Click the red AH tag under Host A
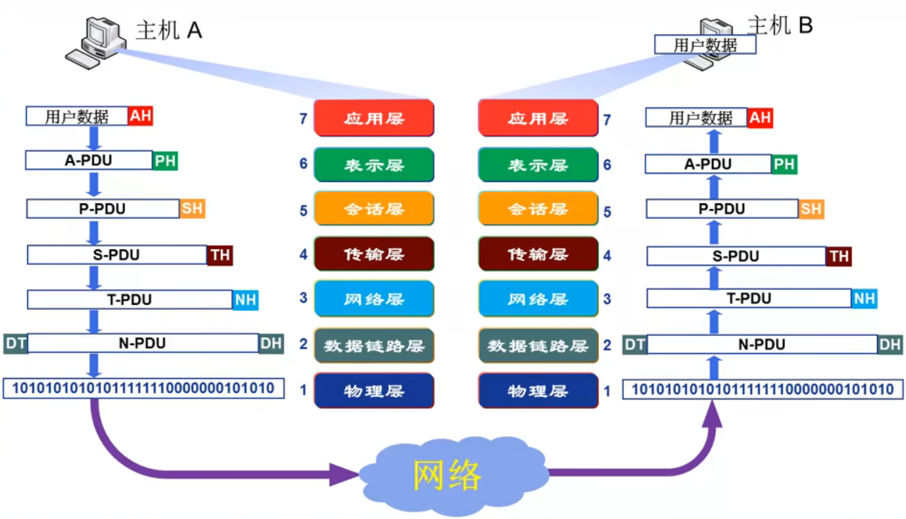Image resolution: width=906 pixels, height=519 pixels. tap(140, 116)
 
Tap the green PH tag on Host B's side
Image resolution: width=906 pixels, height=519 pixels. tap(784, 164)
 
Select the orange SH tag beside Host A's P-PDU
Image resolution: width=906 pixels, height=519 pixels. tap(192, 209)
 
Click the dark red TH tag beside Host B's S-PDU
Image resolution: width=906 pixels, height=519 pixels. tap(838, 256)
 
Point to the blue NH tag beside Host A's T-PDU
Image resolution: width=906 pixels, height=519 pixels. tap(246, 300)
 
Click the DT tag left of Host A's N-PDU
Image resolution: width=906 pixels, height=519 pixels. tap(16, 344)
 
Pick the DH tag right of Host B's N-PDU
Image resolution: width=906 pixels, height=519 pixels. tap(890, 344)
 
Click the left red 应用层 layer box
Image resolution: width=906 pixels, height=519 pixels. tap(374, 118)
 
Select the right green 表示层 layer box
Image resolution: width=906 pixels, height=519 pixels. tap(538, 165)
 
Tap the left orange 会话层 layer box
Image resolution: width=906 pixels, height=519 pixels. tap(374, 209)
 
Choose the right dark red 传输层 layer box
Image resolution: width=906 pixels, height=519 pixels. tap(538, 254)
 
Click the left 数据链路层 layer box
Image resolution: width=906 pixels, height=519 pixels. tap(374, 346)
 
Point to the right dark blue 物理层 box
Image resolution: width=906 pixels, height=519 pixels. tap(538, 391)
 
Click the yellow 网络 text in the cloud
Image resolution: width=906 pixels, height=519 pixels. tap(447, 475)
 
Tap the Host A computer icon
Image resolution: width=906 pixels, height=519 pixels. tap(96, 43)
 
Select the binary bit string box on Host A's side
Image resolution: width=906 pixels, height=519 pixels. tap(144, 388)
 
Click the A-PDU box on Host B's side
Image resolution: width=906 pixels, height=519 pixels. tap(708, 164)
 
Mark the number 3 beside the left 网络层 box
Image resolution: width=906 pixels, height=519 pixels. tap(304, 298)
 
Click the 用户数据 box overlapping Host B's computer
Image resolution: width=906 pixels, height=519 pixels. tap(705, 44)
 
